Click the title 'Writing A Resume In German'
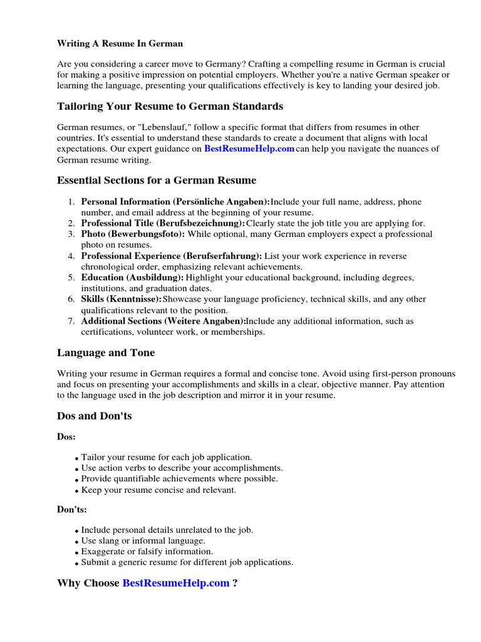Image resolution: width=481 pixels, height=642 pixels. [x=120, y=44]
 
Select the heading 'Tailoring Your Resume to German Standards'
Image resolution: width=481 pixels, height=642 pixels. [x=170, y=106]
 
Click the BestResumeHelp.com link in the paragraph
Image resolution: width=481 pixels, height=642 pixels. [x=249, y=149]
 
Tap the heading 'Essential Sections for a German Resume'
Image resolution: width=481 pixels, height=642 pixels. [x=157, y=181]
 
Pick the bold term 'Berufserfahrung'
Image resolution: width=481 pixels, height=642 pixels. [x=222, y=256]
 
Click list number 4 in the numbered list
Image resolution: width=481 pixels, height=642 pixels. [x=71, y=256]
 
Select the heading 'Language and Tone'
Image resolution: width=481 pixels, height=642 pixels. [x=106, y=353]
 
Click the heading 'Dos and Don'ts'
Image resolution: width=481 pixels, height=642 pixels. [x=95, y=416]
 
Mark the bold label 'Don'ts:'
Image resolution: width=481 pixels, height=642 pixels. [x=72, y=510]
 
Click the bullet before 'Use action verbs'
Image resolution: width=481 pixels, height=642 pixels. [x=76, y=469]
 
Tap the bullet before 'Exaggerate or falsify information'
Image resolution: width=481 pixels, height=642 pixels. [x=76, y=552]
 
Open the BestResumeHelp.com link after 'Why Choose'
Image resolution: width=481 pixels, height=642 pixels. [x=176, y=583]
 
